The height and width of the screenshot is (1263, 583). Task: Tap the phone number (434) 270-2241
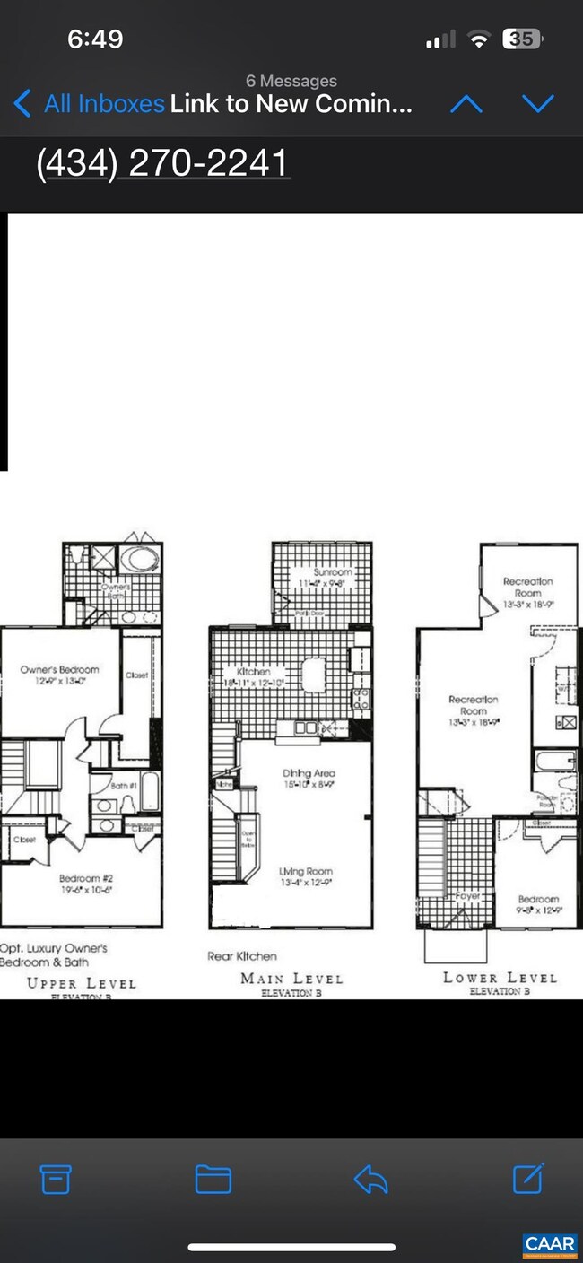pyautogui.click(x=162, y=163)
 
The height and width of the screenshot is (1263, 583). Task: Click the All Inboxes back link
pyautogui.click(x=90, y=104)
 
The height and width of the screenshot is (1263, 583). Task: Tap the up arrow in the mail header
pyautogui.click(x=466, y=104)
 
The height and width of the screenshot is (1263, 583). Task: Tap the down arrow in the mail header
pyautogui.click(x=537, y=104)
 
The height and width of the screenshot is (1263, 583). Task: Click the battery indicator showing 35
pyautogui.click(x=521, y=39)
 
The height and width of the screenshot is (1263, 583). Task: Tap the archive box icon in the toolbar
pyautogui.click(x=56, y=1180)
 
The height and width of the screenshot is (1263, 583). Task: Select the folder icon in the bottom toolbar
pyautogui.click(x=213, y=1180)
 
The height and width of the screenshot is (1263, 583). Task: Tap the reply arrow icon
pyautogui.click(x=370, y=1180)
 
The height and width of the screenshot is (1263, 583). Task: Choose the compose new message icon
pyautogui.click(x=528, y=1179)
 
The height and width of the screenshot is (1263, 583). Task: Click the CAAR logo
pyautogui.click(x=549, y=1244)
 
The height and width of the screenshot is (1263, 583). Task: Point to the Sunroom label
pyautogui.click(x=332, y=572)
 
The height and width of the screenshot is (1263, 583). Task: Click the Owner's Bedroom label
pyautogui.click(x=60, y=669)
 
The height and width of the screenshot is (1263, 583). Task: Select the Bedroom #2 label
pyautogui.click(x=85, y=878)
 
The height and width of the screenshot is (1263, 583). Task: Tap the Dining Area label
pyautogui.click(x=309, y=772)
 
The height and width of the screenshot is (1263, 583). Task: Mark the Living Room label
pyautogui.click(x=305, y=871)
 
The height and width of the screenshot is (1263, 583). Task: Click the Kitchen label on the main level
pyautogui.click(x=253, y=671)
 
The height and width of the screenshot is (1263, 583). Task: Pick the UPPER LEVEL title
pyautogui.click(x=81, y=982)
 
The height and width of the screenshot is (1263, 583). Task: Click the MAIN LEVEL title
pyautogui.click(x=291, y=978)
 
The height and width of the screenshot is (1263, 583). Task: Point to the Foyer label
pyautogui.click(x=467, y=895)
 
